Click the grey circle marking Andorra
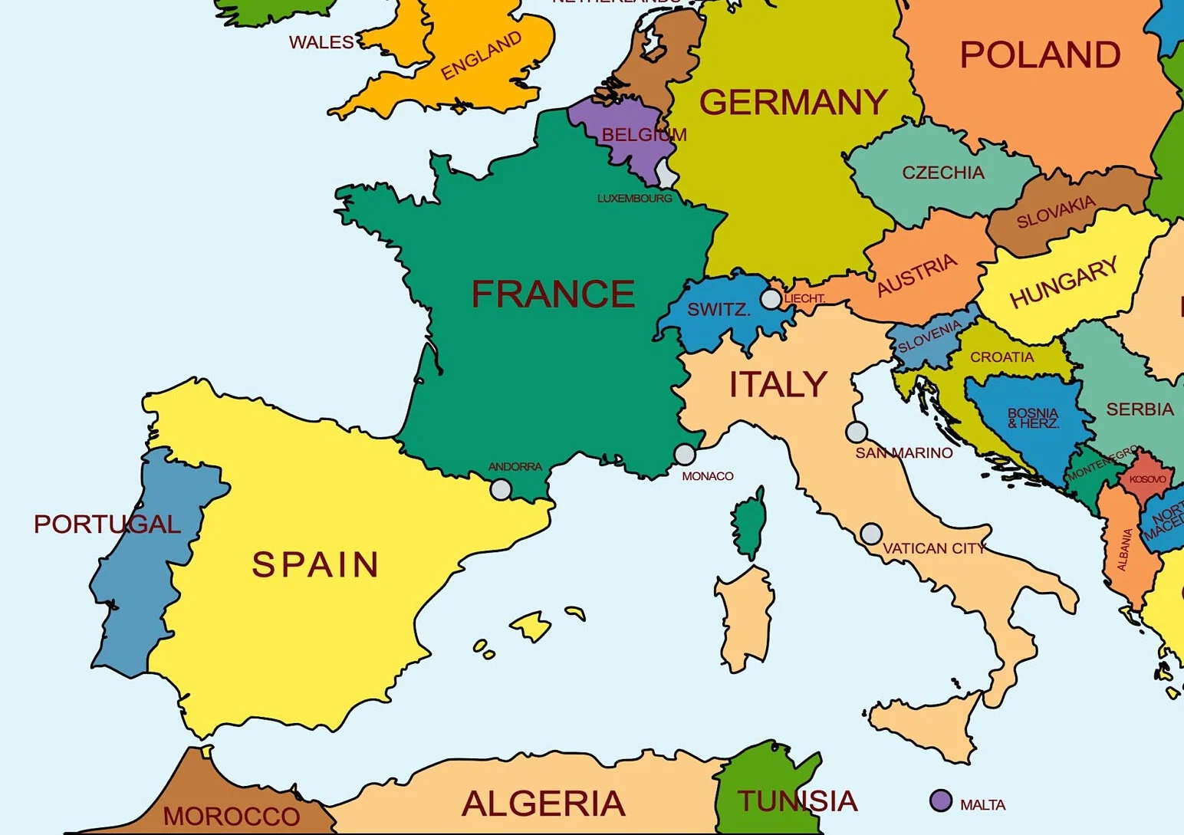501,489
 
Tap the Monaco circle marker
685,455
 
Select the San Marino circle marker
857,432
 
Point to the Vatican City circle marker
871,534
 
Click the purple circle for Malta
941,800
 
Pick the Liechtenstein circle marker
771,298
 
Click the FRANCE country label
553,294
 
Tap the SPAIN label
315,565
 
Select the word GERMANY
793,103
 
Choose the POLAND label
1040,55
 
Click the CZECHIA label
943,173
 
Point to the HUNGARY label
1064,282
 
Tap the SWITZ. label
718,310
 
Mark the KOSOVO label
1147,479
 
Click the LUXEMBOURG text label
634,199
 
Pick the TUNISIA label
798,801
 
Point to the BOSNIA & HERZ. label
1033,418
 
